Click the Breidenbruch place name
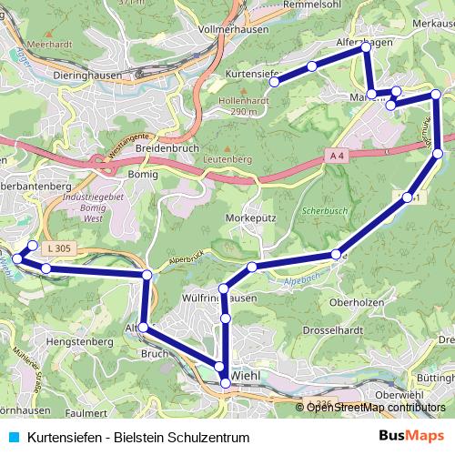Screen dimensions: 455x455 pyautogui.click(x=166, y=147)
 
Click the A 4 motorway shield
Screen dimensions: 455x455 pyautogui.click(x=337, y=157)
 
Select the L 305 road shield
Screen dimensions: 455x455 pyautogui.click(x=60, y=248)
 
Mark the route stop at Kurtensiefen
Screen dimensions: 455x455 pyautogui.click(x=274, y=82)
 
